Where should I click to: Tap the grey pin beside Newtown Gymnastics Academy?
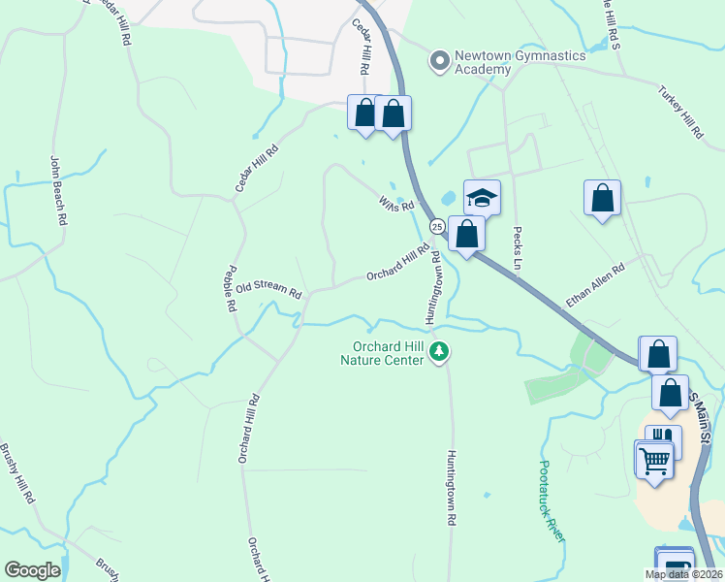tap(439, 60)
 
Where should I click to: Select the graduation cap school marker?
tap(482, 198)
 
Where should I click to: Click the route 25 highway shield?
tap(437, 226)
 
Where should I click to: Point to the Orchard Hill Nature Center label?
tap(382, 354)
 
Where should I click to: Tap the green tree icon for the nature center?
tap(439, 350)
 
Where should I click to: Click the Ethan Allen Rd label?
tap(595, 285)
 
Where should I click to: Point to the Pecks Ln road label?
tap(518, 251)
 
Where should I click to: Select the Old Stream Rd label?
tap(268, 289)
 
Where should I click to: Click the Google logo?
tap(32, 570)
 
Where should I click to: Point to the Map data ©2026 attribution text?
tap(683, 574)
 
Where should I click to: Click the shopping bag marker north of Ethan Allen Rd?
tap(602, 198)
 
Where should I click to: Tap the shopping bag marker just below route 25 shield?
tap(466, 233)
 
